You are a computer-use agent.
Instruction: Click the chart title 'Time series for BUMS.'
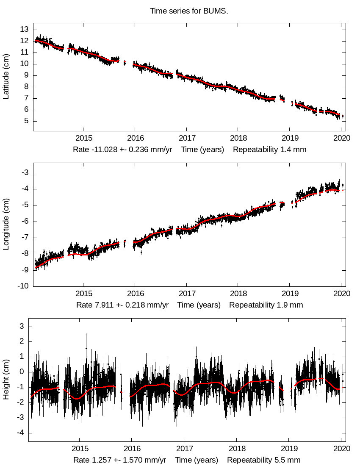click(x=189, y=11)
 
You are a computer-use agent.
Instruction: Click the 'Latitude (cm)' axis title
click(x=6, y=77)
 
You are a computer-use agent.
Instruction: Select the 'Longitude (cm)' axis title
click(x=6, y=229)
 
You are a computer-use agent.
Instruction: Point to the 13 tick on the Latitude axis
click(x=24, y=29)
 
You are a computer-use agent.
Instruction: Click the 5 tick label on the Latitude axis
click(x=26, y=121)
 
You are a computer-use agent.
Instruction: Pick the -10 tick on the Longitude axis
click(x=23, y=286)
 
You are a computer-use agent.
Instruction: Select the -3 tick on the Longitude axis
click(x=25, y=172)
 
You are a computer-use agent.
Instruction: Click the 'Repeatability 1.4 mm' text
click(x=269, y=150)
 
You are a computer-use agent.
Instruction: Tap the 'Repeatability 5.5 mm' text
click(x=263, y=460)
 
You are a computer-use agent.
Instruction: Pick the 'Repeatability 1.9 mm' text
click(x=266, y=305)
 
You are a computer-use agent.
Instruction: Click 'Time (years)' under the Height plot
click(x=197, y=460)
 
